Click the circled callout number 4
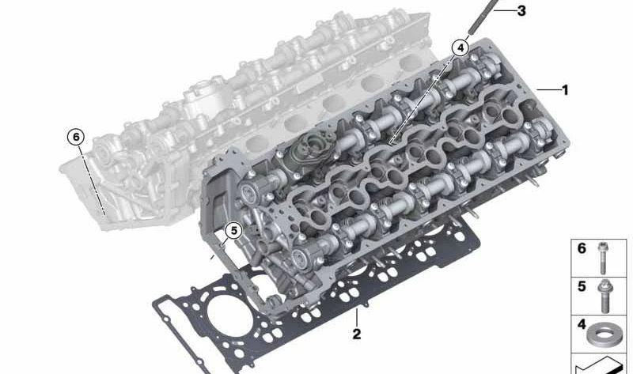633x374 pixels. (460, 48)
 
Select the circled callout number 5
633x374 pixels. (233, 231)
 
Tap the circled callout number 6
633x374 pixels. (76, 137)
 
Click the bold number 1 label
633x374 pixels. (565, 90)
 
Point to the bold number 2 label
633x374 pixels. (357, 334)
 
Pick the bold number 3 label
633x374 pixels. (521, 10)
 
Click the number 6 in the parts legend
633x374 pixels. (582, 248)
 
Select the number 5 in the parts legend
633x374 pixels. (582, 286)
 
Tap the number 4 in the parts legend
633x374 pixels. (582, 324)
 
